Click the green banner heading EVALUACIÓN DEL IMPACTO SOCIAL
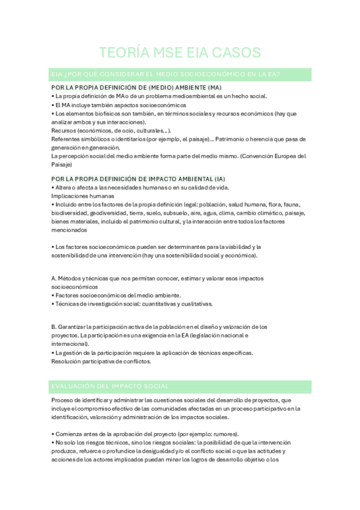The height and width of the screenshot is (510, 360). [x=110, y=386]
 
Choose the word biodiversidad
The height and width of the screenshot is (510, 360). [x=70, y=213]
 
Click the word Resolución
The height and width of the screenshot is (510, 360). [x=67, y=361]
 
